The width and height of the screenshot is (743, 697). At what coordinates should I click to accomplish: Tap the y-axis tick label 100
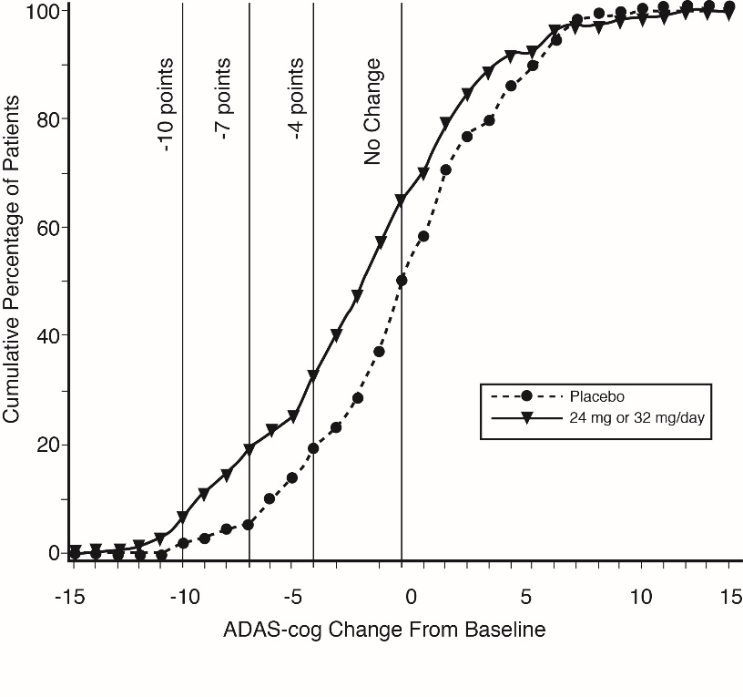pos(42,11)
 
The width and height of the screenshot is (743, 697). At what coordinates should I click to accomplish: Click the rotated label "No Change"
pos(372,112)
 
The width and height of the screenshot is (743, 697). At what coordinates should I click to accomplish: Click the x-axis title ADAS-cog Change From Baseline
pos(384,630)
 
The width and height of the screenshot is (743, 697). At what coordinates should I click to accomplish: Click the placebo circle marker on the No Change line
pos(402,281)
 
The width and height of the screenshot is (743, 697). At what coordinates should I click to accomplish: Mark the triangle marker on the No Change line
pos(402,200)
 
